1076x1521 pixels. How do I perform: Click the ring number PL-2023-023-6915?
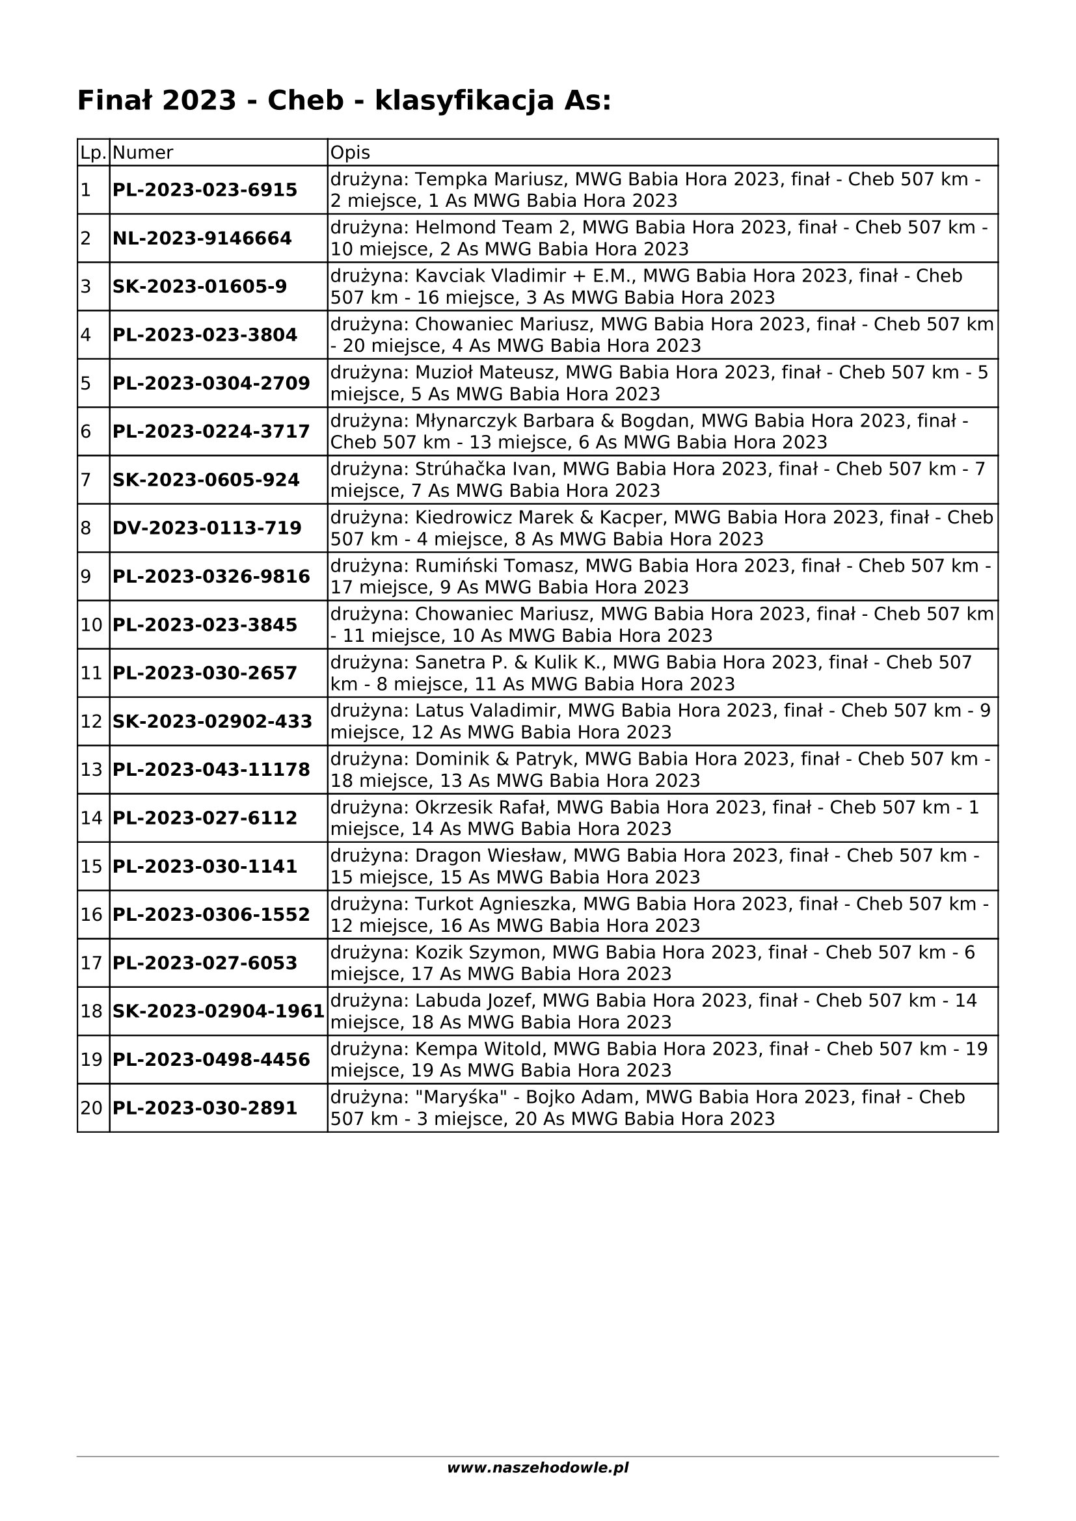(205, 190)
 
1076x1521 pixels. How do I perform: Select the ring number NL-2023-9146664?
(202, 239)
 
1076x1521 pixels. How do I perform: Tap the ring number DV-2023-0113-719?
(207, 528)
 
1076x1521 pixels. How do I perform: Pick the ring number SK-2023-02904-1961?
(219, 1011)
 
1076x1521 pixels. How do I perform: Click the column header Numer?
(142, 153)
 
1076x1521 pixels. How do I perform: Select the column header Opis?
(350, 153)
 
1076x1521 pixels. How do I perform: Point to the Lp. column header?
(94, 153)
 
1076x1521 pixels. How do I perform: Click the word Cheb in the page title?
(306, 101)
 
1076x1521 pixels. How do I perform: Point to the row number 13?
(92, 770)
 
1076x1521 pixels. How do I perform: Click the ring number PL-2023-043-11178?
(211, 770)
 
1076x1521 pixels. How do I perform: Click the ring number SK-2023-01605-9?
(200, 287)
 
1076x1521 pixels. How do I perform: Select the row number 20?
(92, 1107)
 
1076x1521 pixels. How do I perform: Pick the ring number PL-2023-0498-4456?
(211, 1059)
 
